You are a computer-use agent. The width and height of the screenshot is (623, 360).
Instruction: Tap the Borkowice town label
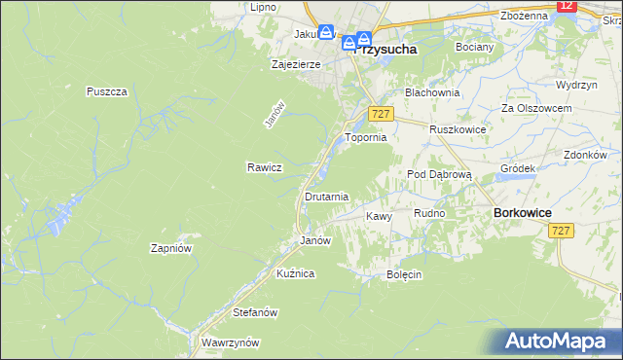click(524, 212)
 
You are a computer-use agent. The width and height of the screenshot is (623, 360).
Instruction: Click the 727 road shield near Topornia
click(381, 115)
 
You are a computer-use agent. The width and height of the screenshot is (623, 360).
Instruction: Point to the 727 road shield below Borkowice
click(560, 231)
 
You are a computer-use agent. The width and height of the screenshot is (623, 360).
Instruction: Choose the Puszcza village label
click(107, 91)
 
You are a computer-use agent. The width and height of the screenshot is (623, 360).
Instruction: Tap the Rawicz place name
click(264, 166)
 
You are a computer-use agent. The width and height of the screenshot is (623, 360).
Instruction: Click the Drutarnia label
click(326, 197)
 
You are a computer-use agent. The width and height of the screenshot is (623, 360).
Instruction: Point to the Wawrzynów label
click(230, 342)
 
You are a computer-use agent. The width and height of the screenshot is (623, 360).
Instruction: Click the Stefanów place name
click(256, 312)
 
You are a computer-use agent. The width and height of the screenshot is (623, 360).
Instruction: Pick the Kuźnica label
click(296, 273)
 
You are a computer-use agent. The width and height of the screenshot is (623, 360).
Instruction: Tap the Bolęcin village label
click(404, 274)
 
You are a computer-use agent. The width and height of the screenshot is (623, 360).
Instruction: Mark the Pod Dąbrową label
click(439, 174)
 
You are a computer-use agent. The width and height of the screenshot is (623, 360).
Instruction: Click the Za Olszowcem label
click(534, 107)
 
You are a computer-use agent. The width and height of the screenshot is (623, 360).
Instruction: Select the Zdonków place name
click(585, 155)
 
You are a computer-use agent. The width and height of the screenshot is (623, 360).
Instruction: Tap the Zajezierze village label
click(295, 65)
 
